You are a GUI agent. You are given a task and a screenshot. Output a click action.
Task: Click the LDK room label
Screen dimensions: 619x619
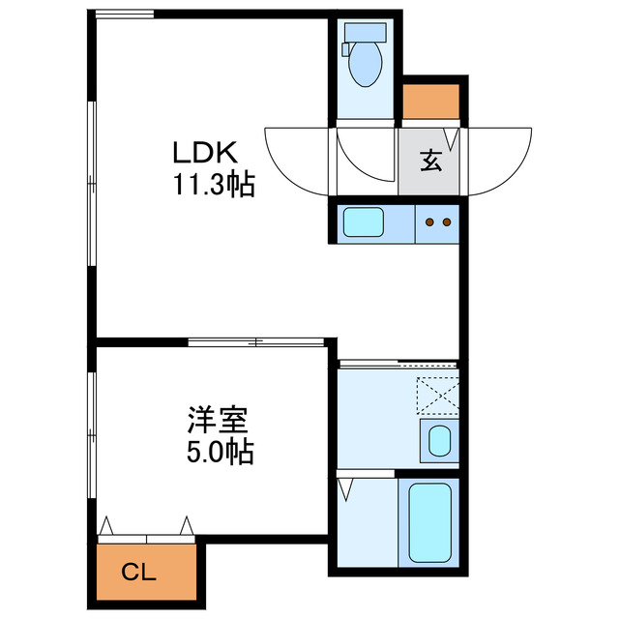click(204, 153)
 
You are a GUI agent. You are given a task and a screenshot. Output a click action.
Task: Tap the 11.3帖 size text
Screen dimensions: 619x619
click(214, 184)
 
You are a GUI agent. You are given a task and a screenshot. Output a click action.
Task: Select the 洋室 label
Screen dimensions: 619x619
click(219, 422)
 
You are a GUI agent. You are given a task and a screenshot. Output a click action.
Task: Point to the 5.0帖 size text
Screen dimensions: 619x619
click(220, 452)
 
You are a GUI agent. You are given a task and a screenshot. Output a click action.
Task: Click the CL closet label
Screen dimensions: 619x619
click(138, 573)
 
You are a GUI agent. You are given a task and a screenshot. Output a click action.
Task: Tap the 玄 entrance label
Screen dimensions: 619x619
click(430, 161)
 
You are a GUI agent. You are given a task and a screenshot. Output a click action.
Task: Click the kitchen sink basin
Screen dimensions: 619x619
click(364, 223)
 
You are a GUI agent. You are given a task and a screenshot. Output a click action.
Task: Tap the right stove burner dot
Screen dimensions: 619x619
click(447, 222)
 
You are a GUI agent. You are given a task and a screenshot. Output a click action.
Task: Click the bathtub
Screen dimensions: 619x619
click(428, 522)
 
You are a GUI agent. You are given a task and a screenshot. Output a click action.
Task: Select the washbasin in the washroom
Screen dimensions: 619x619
click(440, 441)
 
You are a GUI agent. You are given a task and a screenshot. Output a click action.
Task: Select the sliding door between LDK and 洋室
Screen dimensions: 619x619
click(255, 341)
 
